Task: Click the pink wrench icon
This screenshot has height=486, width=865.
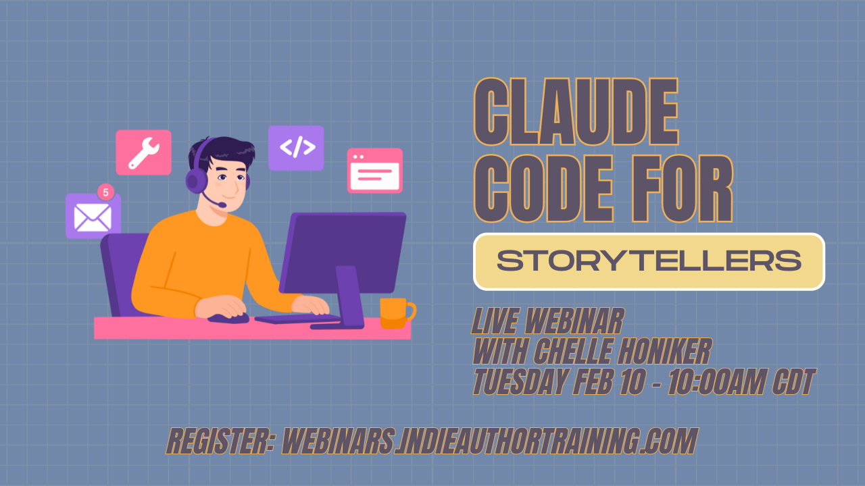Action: click(x=144, y=153)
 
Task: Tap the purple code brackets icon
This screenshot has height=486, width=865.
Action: click(x=296, y=148)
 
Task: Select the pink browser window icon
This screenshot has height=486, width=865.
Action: click(x=375, y=171)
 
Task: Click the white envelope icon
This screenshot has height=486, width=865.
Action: click(x=93, y=218)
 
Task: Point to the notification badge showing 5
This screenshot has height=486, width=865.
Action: click(x=106, y=192)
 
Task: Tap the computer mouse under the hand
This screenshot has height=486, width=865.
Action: click(x=228, y=319)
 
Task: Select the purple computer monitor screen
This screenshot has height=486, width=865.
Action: click(x=343, y=252)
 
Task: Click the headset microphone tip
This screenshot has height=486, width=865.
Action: click(x=222, y=205)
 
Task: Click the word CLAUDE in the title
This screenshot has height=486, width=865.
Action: click(x=576, y=111)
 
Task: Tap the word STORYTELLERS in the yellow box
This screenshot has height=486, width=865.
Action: click(x=649, y=261)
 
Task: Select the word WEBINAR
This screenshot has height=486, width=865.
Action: click(x=574, y=321)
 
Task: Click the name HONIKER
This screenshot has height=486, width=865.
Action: click(x=664, y=351)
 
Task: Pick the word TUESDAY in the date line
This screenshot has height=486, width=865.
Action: click(x=520, y=381)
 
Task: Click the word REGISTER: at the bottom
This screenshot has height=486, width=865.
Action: click(x=220, y=441)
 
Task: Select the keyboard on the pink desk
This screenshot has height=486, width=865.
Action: click(x=297, y=319)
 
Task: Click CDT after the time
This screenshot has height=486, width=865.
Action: click(x=793, y=381)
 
